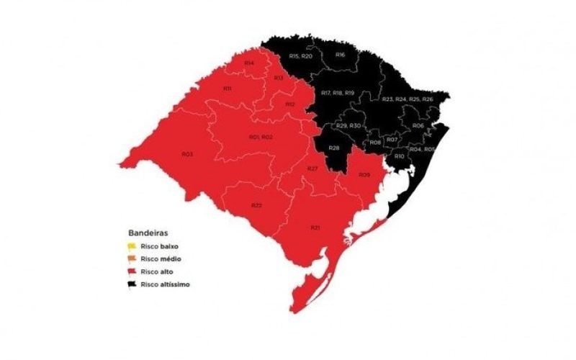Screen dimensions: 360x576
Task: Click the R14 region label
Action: coord(249,63)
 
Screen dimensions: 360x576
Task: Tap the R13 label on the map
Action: coord(278,77)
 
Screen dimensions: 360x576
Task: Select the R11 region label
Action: coord(227,88)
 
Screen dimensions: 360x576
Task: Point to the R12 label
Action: coord(290,104)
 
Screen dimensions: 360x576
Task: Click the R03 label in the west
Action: coord(186,154)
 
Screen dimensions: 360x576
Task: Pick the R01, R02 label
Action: coord(260,137)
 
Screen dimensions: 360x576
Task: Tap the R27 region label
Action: coord(312,168)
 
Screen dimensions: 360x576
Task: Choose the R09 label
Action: coord(364,175)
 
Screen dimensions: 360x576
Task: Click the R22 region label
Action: coord(256,205)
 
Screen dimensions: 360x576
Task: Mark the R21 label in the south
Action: coord(315,228)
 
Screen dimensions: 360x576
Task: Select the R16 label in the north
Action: coord(341,55)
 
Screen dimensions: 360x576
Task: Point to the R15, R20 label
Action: coord(300,55)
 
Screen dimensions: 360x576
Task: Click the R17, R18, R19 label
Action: coord(338,93)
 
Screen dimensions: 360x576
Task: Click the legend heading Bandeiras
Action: coord(149,233)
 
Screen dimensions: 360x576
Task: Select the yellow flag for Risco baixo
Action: coord(132,246)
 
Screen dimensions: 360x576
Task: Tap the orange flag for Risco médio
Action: coord(132,258)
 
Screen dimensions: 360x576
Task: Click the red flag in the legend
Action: coord(132,271)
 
